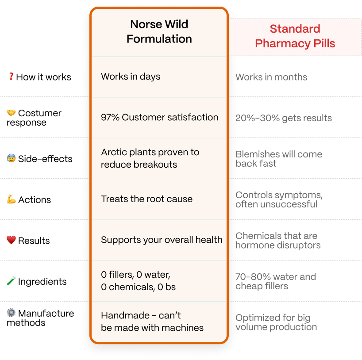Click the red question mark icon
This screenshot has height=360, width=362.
coord(12,77)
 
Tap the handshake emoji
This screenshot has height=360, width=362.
coord(11,113)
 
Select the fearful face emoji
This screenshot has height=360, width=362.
coord(11,158)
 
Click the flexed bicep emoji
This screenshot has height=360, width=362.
coord(11,199)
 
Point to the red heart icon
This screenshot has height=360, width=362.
coord(11,240)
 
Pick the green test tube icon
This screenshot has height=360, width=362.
coord(11,281)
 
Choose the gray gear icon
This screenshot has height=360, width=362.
coord(11,313)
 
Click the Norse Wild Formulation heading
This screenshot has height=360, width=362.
coord(159,31)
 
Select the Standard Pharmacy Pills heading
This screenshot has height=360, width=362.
coord(295,36)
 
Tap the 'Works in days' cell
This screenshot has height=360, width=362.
coord(131,77)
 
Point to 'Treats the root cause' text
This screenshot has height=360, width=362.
coord(146,199)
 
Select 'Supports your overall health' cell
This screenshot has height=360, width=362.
coord(162,240)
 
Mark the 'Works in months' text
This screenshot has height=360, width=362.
coord(272,77)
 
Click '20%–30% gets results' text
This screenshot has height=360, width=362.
coord(284,118)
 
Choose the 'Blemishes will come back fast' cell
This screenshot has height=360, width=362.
coord(279,159)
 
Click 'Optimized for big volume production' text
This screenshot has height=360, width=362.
coord(276,322)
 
